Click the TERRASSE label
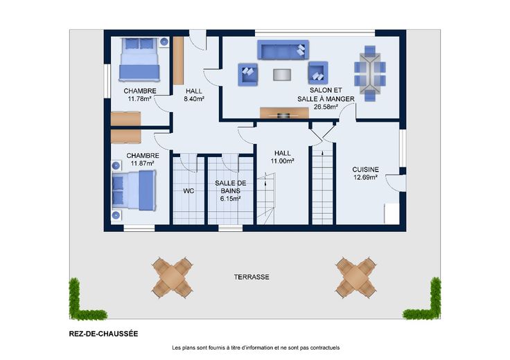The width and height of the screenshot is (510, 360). click(252, 277)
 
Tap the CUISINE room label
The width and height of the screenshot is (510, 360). click(365, 170)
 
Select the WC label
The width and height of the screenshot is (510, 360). click(188, 191)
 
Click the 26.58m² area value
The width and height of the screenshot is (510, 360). click(326, 107)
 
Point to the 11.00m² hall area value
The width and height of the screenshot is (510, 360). click(282, 161)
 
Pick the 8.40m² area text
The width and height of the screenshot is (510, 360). click(194, 99)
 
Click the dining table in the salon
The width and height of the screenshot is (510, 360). click(370, 74)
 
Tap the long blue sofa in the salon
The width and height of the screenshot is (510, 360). click(283, 50)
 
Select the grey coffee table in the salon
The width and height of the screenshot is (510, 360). click(282, 74)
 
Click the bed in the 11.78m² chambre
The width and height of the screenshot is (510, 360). click(139, 60)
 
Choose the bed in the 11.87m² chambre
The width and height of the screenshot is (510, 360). click(134, 190)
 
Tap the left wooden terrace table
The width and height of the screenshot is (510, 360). click(172, 278)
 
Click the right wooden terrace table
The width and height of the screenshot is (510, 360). click(356, 278)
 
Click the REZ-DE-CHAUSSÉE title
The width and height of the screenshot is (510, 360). click(103, 334)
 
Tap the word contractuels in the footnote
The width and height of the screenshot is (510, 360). click(325, 348)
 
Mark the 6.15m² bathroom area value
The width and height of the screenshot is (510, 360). click(230, 199)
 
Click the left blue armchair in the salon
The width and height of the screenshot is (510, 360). click(248, 74)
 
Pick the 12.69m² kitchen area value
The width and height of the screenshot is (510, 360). click(365, 177)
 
